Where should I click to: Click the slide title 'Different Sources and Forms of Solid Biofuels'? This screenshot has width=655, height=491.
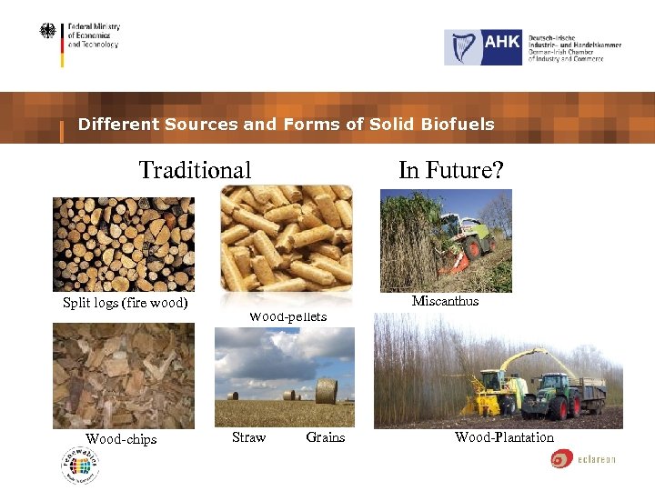286,125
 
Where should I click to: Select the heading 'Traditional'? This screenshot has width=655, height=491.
195,170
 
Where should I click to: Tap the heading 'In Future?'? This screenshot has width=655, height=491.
450,170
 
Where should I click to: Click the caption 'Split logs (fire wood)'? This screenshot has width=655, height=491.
125,303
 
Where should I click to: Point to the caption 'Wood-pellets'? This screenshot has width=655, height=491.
287,316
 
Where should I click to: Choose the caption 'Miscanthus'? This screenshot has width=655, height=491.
445,301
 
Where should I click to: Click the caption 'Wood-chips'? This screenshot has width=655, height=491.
121,439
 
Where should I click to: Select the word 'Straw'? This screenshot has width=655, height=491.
248,437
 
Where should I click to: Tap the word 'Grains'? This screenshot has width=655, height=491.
325,437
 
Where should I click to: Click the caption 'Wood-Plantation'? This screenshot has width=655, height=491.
504,437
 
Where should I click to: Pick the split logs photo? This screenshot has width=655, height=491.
123,244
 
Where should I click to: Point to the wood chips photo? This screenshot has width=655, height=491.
123,376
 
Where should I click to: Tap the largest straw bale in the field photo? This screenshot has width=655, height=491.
326,391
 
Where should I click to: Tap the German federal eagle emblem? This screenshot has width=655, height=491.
47,32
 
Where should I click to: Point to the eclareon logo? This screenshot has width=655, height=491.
583,459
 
